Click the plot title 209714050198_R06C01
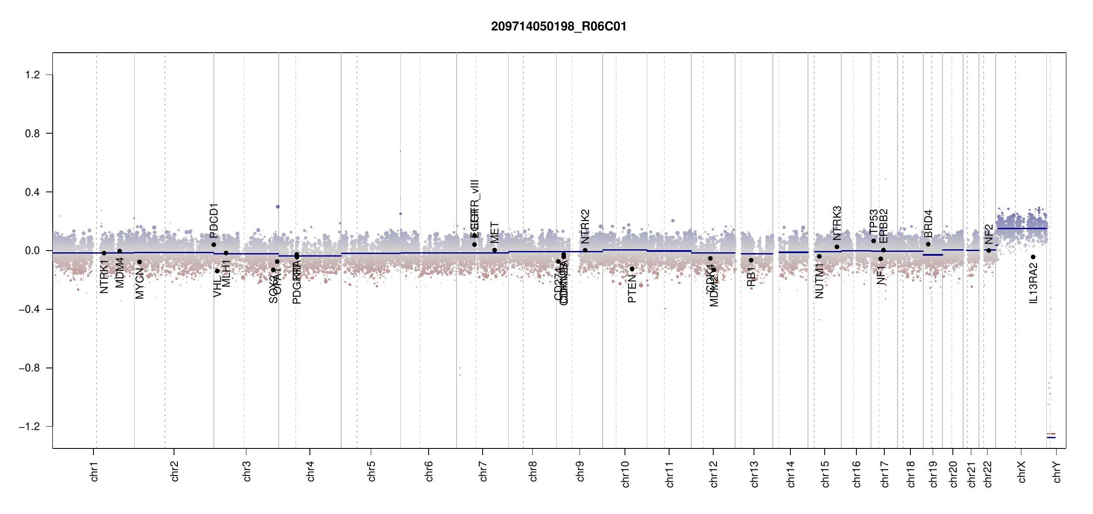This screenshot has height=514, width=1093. coord(559,27)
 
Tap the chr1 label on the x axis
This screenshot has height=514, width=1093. coord(94,471)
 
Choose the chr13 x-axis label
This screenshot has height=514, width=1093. coord(754,474)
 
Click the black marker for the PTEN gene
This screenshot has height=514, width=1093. coord(632,269)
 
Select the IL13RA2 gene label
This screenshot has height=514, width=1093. coord(1033,283)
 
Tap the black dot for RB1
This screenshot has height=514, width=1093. coord(751,260)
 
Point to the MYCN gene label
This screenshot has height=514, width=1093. coord(140,283)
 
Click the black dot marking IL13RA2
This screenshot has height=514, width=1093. coord(1033,257)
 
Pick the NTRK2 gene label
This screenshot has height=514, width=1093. coord(586,227)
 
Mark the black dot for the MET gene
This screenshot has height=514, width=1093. coord(495,250)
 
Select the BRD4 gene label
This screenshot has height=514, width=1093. coord(928,224)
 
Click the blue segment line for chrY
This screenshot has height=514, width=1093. coord(1051,437)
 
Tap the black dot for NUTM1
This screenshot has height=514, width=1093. coord(819,257)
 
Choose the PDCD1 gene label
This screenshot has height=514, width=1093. coord(214,221)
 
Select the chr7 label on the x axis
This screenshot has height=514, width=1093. coord(483,471)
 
